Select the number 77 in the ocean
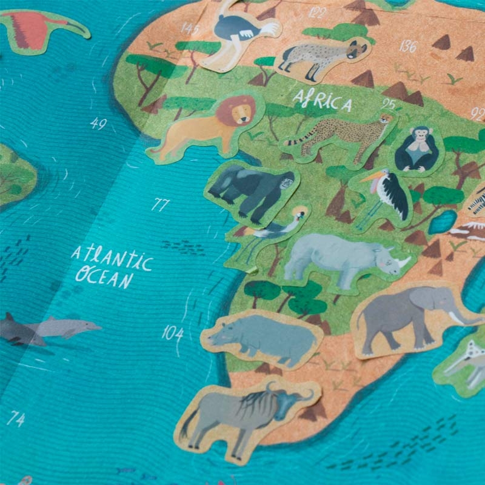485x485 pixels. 159,205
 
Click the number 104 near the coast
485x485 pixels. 173,332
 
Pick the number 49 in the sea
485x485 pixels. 99,124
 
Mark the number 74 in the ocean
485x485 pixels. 16,418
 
